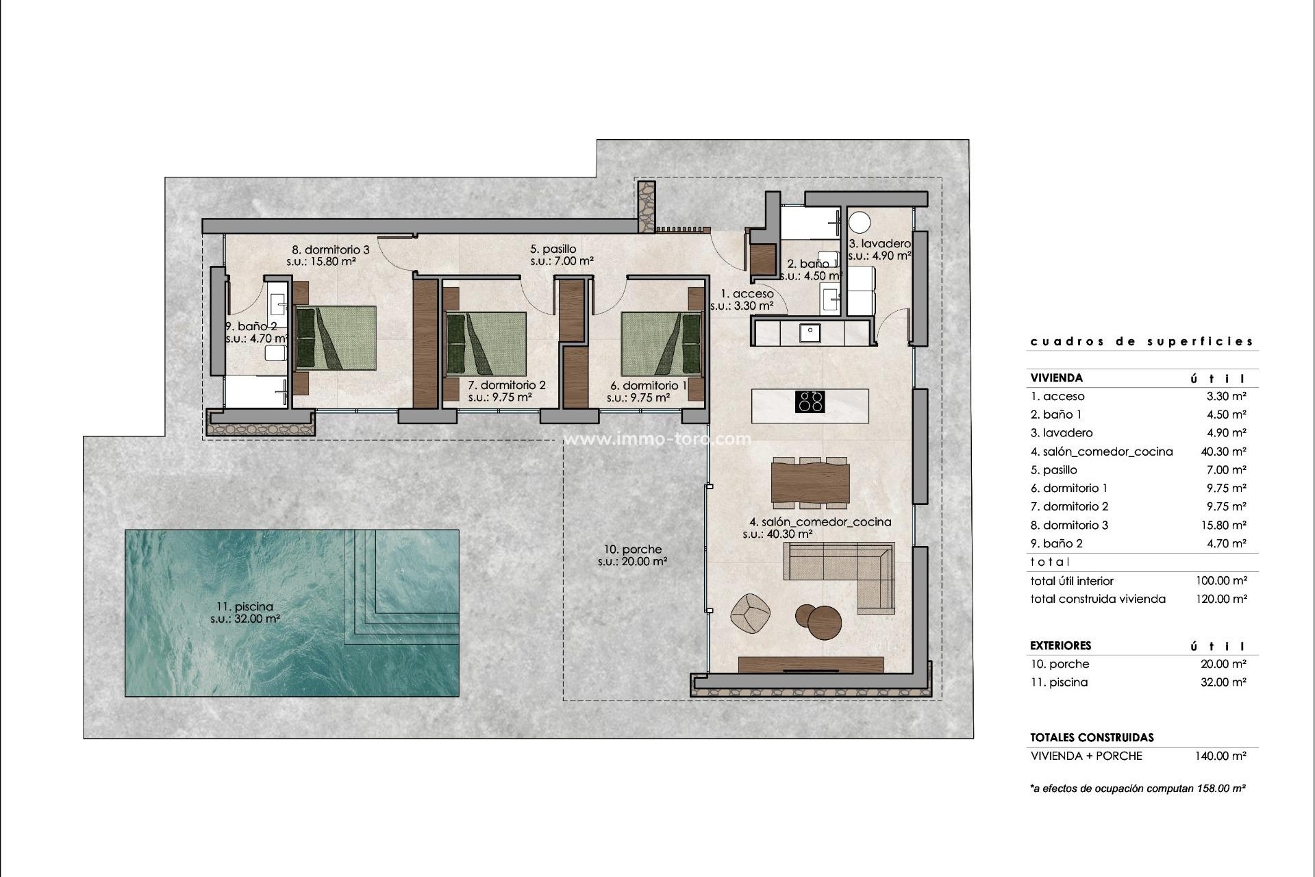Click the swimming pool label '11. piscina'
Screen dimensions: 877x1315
(x=245, y=606)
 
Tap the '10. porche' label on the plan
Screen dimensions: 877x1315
(x=632, y=549)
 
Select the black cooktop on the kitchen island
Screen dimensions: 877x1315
(x=810, y=402)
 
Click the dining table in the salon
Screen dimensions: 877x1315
(x=810, y=483)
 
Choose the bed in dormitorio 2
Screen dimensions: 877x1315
(x=486, y=344)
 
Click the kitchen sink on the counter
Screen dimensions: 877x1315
(x=810, y=333)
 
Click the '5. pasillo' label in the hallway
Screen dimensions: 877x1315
(x=553, y=249)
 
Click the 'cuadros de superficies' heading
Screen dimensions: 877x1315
(x=1142, y=341)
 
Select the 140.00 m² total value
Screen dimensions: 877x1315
(x=1221, y=756)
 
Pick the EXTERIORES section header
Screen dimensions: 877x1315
(x=1061, y=645)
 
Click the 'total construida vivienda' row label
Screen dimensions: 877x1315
(x=1098, y=599)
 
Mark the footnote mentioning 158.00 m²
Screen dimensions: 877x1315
(x=1138, y=789)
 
